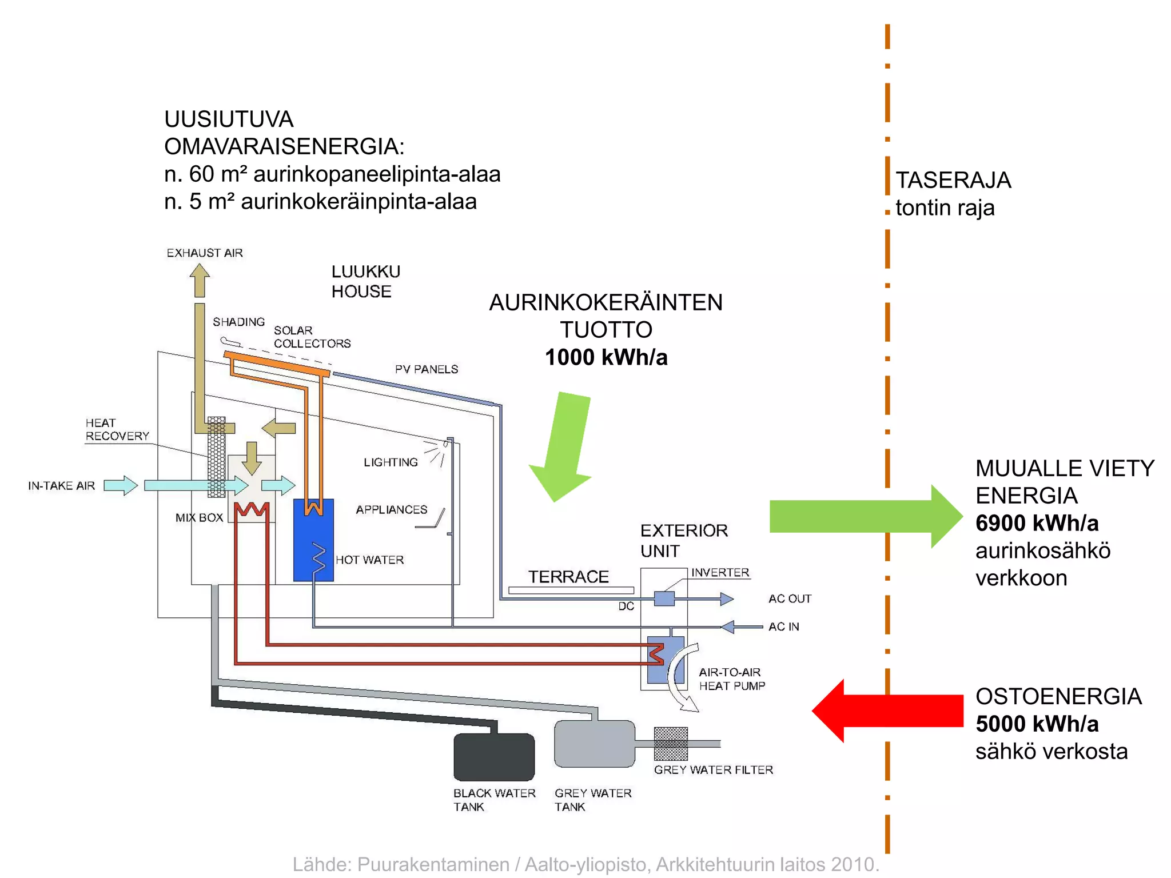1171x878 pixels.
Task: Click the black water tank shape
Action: click(x=494, y=757)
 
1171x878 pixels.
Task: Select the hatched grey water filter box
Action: click(x=671, y=743)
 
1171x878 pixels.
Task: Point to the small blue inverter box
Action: click(x=664, y=598)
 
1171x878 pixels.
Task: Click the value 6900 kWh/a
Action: click(x=1037, y=523)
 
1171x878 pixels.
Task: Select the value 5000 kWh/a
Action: click(x=1037, y=724)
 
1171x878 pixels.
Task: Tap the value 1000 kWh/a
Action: click(x=606, y=357)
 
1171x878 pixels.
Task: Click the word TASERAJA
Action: click(x=953, y=180)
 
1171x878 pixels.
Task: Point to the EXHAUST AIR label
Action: click(x=205, y=253)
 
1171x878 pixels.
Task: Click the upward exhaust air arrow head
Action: click(x=200, y=271)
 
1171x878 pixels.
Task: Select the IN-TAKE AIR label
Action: click(x=61, y=485)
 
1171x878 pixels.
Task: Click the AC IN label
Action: click(x=783, y=626)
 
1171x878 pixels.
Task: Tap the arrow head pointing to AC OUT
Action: click(x=727, y=598)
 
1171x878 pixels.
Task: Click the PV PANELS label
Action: click(x=427, y=369)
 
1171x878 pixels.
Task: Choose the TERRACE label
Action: click(x=568, y=576)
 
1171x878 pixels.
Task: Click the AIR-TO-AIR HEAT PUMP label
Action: click(x=731, y=679)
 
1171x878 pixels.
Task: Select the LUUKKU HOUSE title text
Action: click(x=365, y=281)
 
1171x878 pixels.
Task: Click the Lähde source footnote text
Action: click(x=585, y=864)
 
